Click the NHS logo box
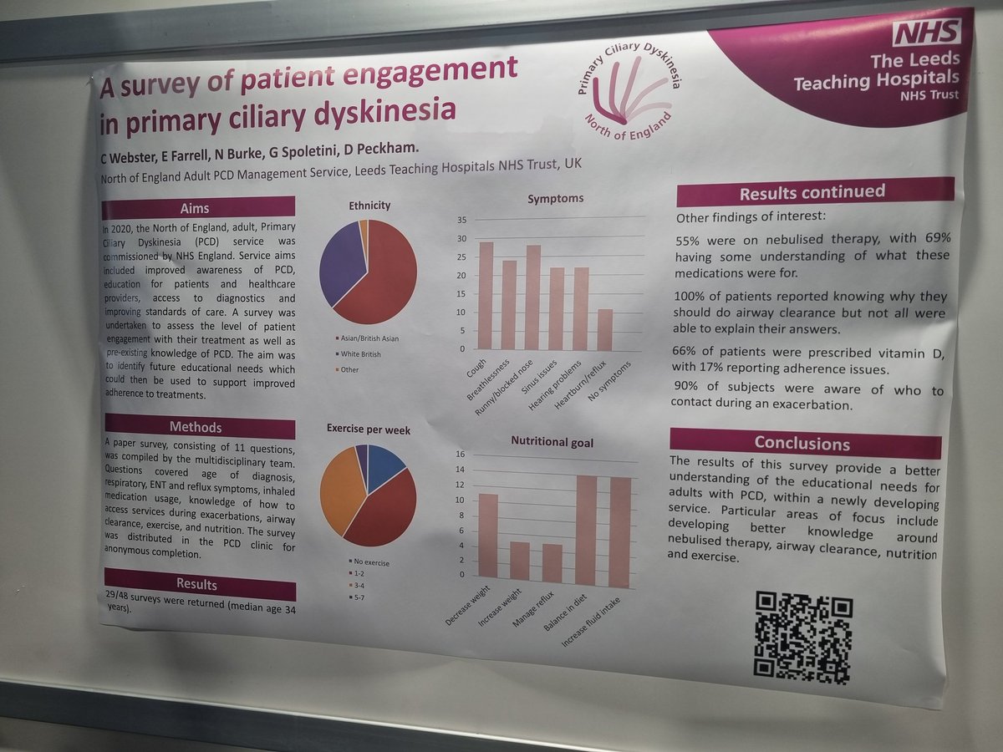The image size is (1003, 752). pos(926,33)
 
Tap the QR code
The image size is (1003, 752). pos(803,637)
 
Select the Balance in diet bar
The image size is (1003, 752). pos(586,530)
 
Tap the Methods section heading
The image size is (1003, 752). pos(200,427)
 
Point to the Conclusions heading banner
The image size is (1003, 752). pos(804,443)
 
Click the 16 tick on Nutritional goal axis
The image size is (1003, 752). pos(459,455)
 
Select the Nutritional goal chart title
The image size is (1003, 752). pos(552,442)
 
